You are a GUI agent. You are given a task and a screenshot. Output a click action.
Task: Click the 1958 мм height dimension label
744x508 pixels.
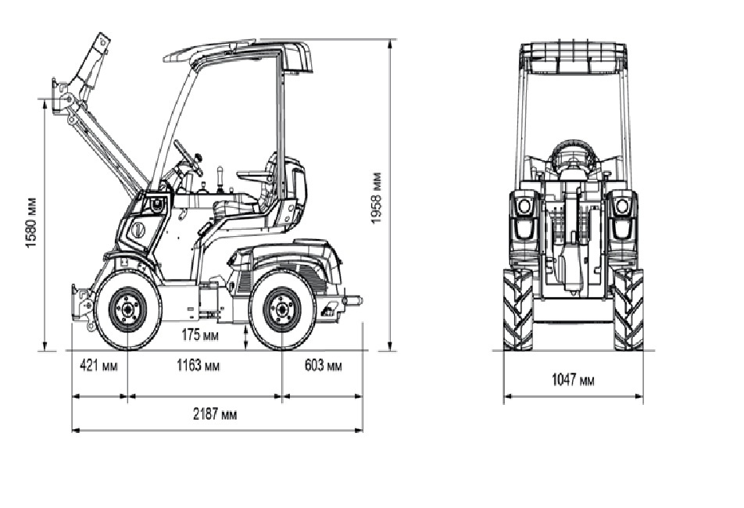click(x=377, y=197)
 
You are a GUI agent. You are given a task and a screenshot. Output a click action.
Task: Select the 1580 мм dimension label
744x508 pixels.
click(x=31, y=222)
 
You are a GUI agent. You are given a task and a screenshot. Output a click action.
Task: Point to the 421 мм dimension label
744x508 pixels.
click(x=98, y=366)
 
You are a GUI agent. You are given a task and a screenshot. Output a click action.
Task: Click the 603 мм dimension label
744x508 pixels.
click(x=323, y=366)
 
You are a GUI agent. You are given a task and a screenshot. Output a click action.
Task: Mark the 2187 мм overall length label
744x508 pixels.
click(x=216, y=414)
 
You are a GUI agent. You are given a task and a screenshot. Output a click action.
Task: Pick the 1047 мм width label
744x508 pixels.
click(x=573, y=380)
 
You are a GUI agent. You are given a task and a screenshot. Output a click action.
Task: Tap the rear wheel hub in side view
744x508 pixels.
click(x=280, y=309)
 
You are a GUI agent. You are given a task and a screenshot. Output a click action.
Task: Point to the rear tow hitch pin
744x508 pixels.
click(x=353, y=299)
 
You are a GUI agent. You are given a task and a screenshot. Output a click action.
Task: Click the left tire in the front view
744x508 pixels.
click(x=517, y=309)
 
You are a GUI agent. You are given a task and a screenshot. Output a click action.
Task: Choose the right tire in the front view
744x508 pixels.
click(x=628, y=309)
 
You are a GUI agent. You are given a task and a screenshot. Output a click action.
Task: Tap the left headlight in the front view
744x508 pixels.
click(x=524, y=206)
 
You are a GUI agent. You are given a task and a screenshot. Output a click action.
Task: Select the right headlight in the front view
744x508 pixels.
click(x=622, y=206)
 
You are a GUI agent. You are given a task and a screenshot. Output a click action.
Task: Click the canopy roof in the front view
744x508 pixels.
click(x=574, y=55)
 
